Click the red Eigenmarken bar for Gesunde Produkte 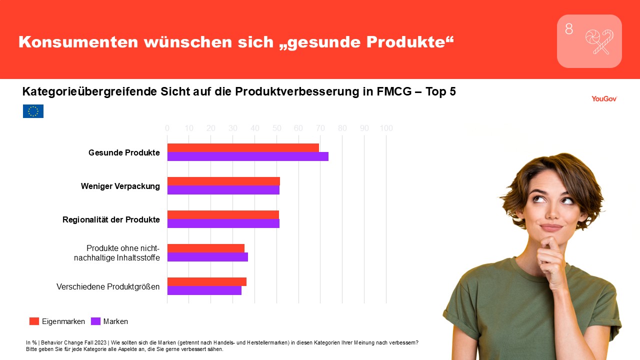(x=243, y=148)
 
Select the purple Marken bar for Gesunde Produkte (x=247, y=156)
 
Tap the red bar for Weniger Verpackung (x=223, y=181)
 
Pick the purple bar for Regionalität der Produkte (x=223, y=223)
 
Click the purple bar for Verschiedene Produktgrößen (x=204, y=290)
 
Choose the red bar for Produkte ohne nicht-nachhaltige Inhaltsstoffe (x=206, y=248)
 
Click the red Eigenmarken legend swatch (x=34, y=321)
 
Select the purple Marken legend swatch (x=95, y=321)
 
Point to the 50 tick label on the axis (x=276, y=128)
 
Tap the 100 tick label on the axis (x=386, y=128)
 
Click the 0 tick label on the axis (x=167, y=128)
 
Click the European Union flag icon (x=33, y=111)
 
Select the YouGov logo (x=604, y=99)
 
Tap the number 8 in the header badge (x=569, y=29)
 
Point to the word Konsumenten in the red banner (x=78, y=42)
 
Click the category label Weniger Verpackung (x=120, y=186)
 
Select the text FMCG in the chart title (x=394, y=91)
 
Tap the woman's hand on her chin (x=550, y=258)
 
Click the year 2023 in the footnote (x=101, y=342)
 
